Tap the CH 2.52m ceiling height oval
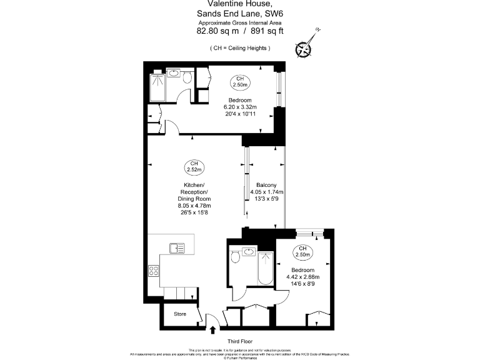pos(194,167)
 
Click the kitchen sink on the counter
pos(177,247)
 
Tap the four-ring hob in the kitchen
pos(154,271)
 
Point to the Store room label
pos(180,314)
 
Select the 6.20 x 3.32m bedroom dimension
pos(239,107)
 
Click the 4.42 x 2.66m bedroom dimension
pos(302,276)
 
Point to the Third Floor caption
pos(239,342)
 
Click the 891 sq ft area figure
pos(264,29)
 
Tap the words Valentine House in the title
pos(239,4)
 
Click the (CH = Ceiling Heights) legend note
pos(240,48)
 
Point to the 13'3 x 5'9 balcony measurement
pos(267,199)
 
